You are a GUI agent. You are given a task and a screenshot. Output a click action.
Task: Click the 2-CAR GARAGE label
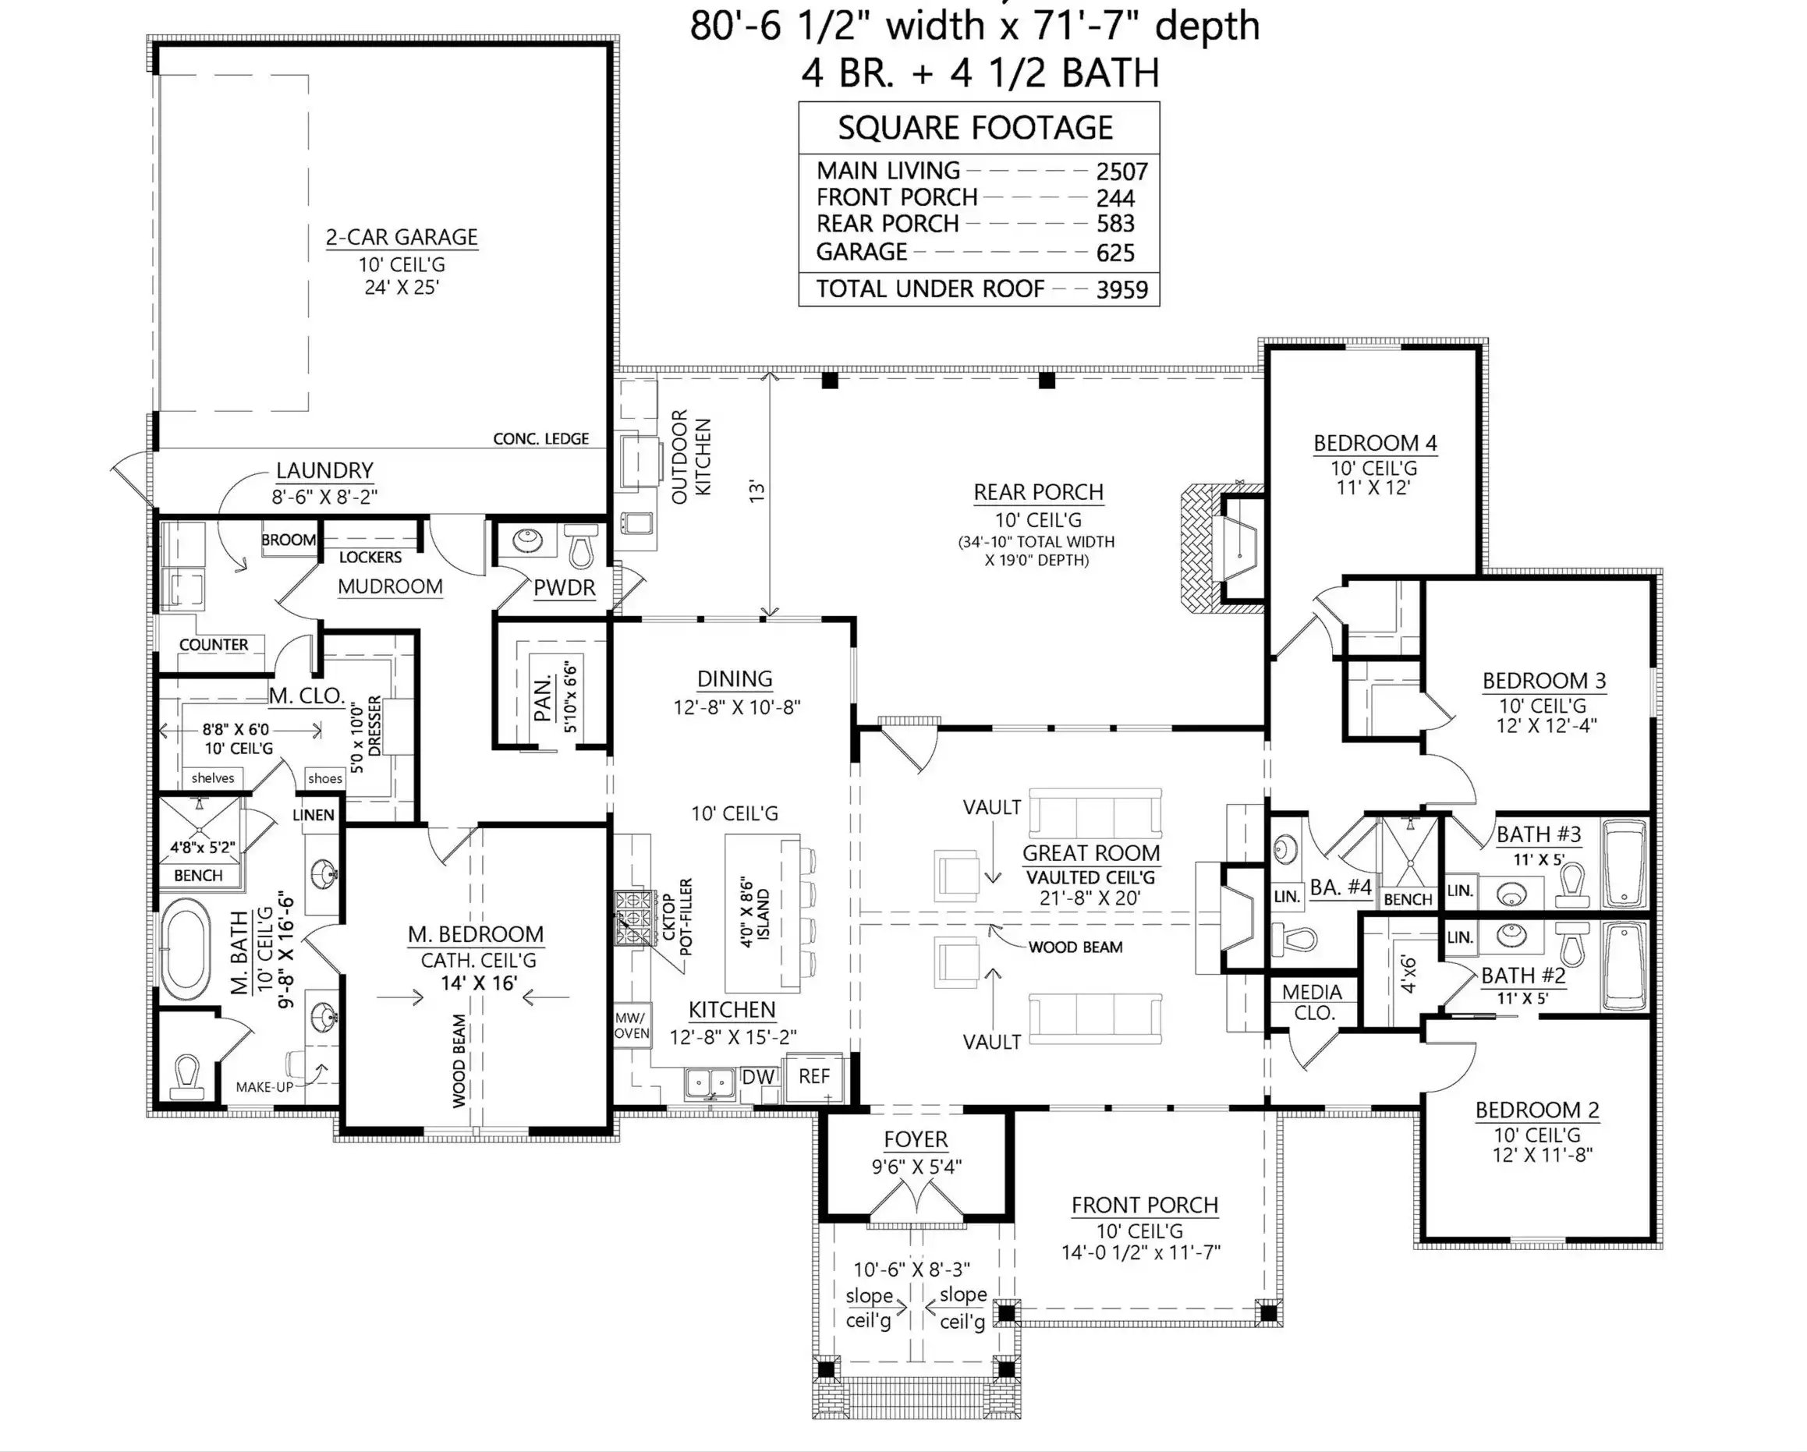402,237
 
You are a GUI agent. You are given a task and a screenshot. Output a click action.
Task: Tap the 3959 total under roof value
1121,290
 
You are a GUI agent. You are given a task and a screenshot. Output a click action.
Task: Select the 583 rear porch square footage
1115,224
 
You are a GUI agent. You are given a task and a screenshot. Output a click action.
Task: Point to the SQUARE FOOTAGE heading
976,128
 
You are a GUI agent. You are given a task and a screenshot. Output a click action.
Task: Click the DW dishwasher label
758,1077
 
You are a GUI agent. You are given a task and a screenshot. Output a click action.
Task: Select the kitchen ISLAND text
763,915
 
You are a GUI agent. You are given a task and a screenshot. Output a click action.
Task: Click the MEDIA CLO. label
1313,1002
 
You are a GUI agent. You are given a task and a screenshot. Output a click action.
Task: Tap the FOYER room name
916,1139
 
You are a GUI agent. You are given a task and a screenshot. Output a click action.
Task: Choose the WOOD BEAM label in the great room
1075,947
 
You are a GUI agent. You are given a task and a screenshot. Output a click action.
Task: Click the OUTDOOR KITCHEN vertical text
692,457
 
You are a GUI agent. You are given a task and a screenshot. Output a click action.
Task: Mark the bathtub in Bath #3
1625,864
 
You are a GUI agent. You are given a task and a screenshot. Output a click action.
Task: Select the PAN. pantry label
544,697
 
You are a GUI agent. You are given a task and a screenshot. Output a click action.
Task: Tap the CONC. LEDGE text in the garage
540,439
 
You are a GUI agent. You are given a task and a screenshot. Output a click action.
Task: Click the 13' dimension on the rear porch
756,491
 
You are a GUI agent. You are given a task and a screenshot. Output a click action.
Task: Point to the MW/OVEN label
632,1025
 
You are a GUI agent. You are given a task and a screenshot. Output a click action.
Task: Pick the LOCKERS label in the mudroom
370,558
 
